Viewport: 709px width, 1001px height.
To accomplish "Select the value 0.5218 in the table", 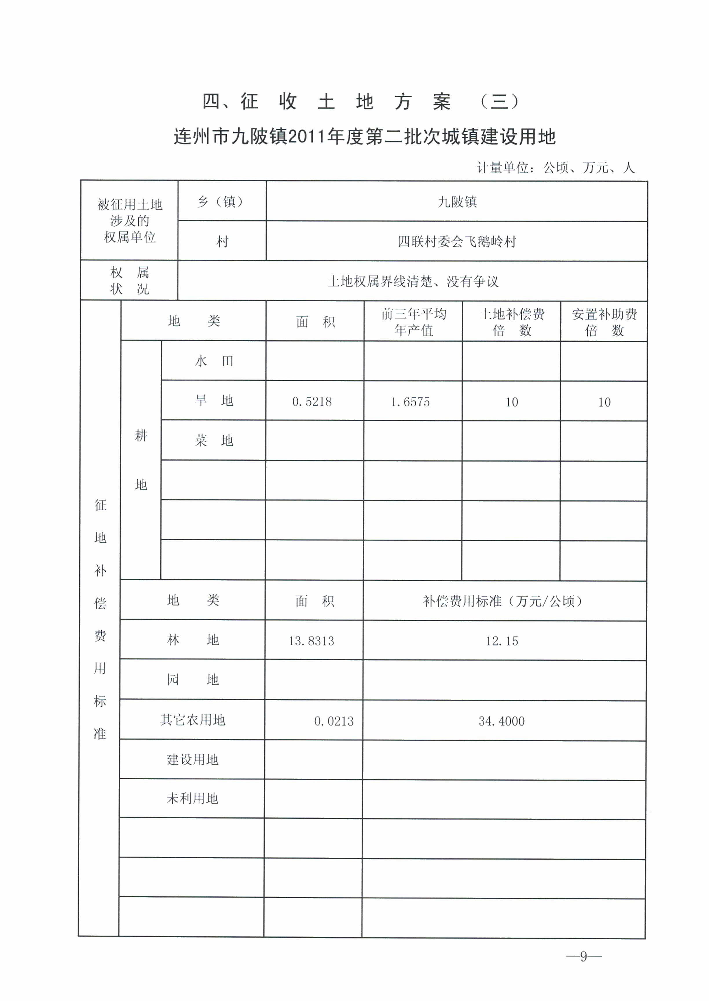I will point(312,401).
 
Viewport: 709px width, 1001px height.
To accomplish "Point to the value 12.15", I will point(502,641).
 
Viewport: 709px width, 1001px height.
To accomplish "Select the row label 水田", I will point(214,361).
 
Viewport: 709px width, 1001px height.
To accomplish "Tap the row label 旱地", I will point(214,401).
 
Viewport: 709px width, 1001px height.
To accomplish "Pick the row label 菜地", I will point(214,441).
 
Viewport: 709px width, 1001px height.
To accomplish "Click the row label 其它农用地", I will point(193,720).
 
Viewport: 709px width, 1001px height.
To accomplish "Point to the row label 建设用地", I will point(193,760).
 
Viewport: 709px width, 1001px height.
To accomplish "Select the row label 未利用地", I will point(193,798).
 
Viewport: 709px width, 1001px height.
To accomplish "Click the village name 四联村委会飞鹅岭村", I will point(457,241).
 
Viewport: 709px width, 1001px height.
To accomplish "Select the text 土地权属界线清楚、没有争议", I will point(413,282).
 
